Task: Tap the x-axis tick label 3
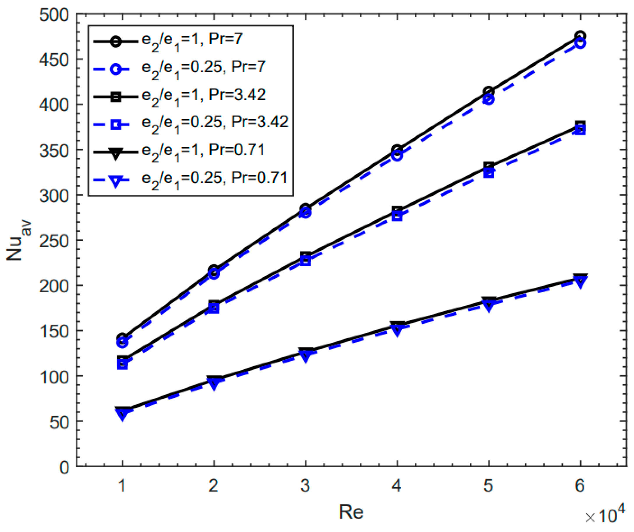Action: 305,486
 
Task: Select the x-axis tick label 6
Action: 580,486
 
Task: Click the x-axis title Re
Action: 351,512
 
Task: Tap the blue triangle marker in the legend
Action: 115,181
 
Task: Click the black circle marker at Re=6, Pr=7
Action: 580,36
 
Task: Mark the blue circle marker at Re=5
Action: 488,99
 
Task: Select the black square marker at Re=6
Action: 580,125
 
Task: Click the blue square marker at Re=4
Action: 397,216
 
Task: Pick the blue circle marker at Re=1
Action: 122,343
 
